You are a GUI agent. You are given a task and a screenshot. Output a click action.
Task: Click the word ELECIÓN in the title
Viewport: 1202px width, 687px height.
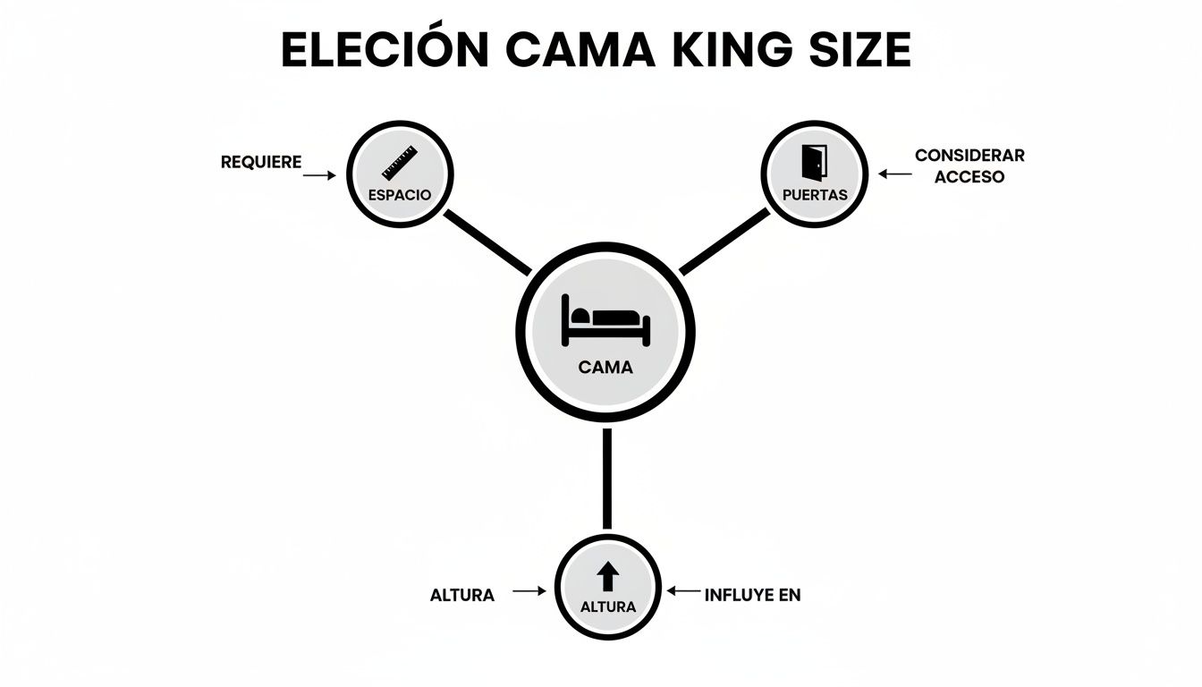385,50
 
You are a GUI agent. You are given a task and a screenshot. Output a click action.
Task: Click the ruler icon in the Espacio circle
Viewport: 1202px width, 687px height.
400,162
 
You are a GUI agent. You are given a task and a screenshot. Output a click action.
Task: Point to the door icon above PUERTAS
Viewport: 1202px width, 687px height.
814,161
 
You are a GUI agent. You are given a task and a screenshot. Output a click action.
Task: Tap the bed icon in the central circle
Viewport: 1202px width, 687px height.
605,319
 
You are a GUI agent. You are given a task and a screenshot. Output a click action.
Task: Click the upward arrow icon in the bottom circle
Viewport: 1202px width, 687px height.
607,575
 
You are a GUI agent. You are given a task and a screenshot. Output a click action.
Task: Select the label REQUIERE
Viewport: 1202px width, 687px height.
261,163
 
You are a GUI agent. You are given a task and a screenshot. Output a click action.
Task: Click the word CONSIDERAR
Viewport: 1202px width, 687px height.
969,155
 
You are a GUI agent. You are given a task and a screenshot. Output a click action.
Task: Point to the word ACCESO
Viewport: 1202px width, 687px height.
969,177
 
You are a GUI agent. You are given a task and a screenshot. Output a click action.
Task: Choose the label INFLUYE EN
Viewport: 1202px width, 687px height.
752,595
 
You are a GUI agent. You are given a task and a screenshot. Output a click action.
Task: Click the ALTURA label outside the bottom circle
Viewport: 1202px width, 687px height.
462,595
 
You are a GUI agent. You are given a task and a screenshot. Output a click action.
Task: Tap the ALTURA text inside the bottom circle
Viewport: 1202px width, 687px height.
608,606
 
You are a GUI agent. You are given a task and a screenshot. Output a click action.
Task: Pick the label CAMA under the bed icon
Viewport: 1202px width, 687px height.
605,367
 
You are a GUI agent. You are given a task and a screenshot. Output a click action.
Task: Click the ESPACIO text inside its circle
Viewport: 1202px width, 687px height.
400,194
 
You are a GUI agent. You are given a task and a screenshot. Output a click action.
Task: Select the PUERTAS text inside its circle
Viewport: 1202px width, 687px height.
814,194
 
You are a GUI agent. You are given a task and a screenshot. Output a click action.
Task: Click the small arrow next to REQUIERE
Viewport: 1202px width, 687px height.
319,176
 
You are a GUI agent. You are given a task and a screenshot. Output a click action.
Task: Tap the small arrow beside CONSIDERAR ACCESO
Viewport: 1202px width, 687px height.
893,174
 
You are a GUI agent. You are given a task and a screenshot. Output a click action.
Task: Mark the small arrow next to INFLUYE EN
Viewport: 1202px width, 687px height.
684,590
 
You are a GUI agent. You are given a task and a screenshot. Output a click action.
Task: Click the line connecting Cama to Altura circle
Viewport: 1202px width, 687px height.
607,479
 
